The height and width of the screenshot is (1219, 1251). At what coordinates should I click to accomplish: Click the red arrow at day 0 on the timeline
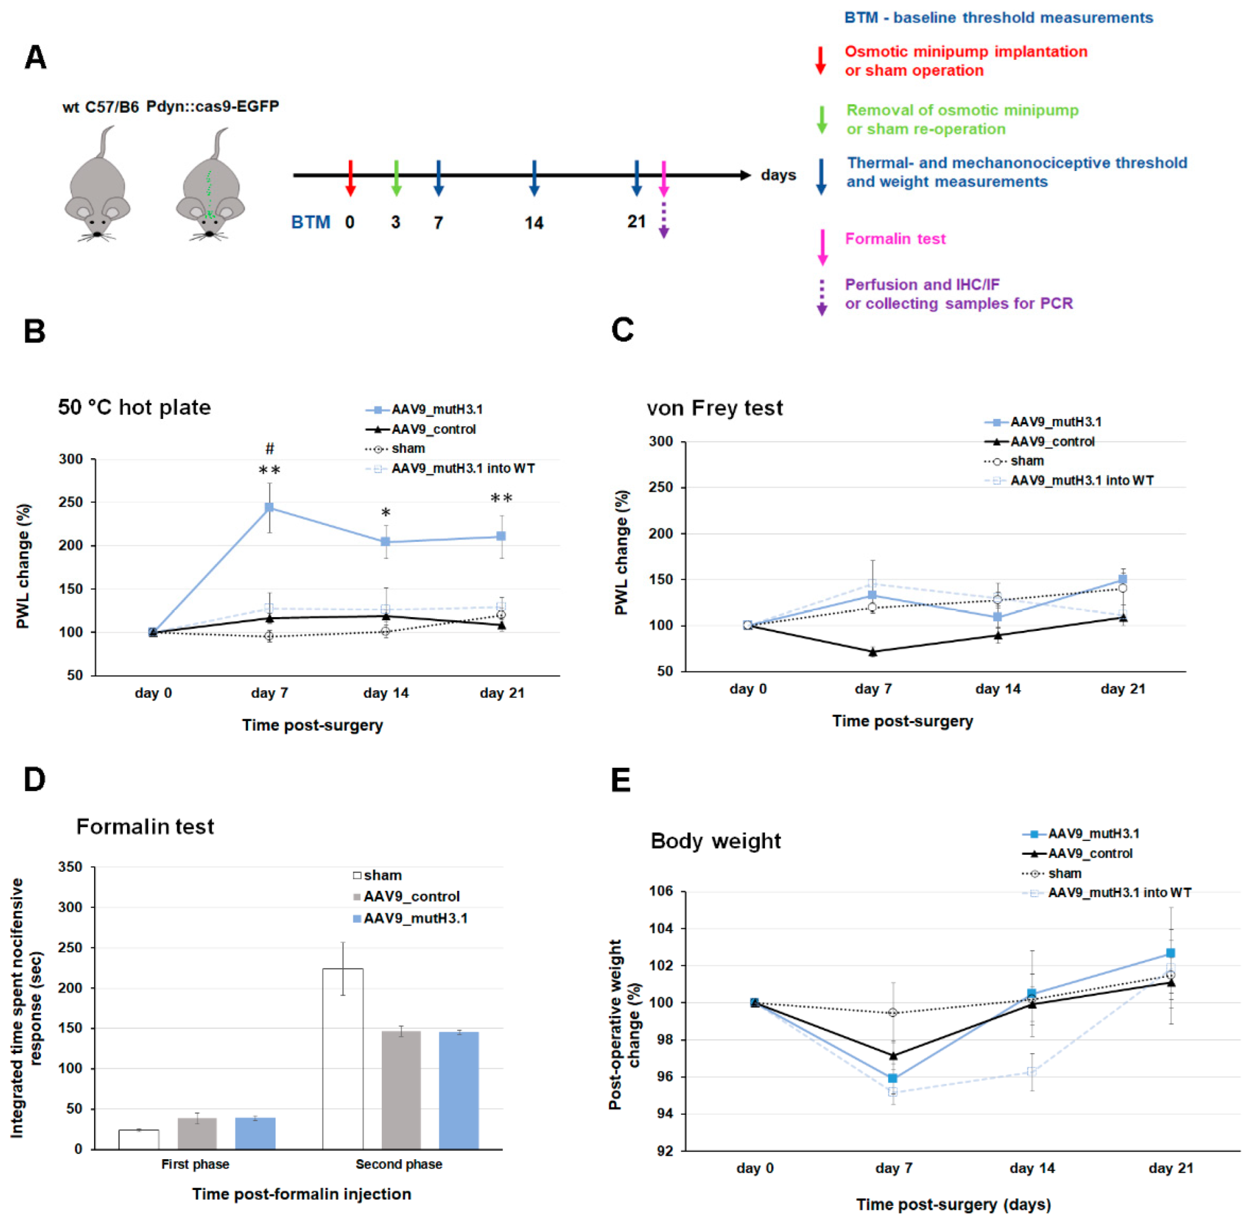[x=349, y=177]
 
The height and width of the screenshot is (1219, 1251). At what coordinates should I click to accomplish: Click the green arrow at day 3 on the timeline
[x=396, y=177]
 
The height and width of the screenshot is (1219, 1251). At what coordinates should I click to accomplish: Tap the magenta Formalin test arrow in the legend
[x=822, y=247]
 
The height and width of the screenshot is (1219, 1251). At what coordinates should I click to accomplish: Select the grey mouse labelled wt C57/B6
[x=97, y=186]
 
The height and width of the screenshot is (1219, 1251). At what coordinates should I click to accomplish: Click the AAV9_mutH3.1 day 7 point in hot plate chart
[x=269, y=508]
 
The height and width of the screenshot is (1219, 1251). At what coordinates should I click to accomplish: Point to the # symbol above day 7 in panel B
[x=270, y=448]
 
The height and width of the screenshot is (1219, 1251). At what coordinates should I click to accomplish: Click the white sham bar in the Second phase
[x=343, y=1058]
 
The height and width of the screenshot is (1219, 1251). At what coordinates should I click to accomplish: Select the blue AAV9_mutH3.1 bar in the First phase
[x=255, y=1132]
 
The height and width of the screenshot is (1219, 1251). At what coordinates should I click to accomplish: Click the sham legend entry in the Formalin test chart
[x=377, y=875]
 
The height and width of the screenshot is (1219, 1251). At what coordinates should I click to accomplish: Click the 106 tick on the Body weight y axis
[x=661, y=891]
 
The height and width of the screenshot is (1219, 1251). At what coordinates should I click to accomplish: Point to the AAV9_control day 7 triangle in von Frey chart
[x=873, y=652]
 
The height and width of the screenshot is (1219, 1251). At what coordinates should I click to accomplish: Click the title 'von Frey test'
[x=714, y=408]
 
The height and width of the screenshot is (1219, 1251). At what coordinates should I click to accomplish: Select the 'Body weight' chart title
[x=715, y=841]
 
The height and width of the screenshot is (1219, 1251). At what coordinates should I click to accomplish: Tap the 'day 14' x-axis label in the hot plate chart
[x=385, y=693]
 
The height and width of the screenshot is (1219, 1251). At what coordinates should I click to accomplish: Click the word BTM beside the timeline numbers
[x=311, y=222]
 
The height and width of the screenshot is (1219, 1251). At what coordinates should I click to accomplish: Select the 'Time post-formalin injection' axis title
[x=301, y=1194]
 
